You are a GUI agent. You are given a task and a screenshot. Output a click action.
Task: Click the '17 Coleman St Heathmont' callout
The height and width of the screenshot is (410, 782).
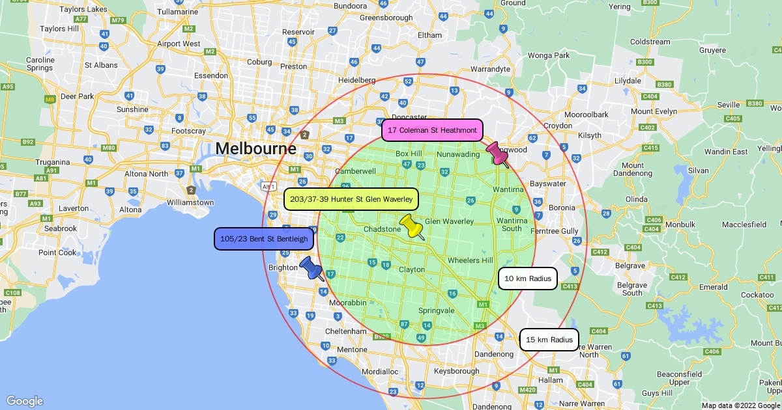pos(432,130)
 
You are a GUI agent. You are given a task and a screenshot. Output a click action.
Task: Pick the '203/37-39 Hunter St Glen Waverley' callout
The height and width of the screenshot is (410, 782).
pos(351,198)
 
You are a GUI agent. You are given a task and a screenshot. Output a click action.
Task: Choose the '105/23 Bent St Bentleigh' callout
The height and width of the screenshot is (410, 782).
pos(264,239)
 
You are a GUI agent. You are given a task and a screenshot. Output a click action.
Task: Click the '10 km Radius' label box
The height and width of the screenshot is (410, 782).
pos(528,279)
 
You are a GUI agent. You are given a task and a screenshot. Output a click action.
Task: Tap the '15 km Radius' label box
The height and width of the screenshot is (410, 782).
pos(549,340)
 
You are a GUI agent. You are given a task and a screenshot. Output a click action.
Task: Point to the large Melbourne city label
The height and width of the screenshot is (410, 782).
pos(255,149)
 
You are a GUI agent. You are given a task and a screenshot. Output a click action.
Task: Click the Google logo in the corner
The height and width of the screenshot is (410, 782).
pos(24,401)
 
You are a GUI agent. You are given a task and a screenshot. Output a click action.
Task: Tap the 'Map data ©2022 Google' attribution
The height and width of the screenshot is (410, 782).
pos(740,405)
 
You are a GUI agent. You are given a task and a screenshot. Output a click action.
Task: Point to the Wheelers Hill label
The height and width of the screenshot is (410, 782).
pos(470,260)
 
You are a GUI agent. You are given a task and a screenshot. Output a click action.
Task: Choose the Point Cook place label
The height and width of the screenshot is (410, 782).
pos(57,253)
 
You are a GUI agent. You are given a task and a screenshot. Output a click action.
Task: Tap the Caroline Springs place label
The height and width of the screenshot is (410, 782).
pos(40,64)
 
